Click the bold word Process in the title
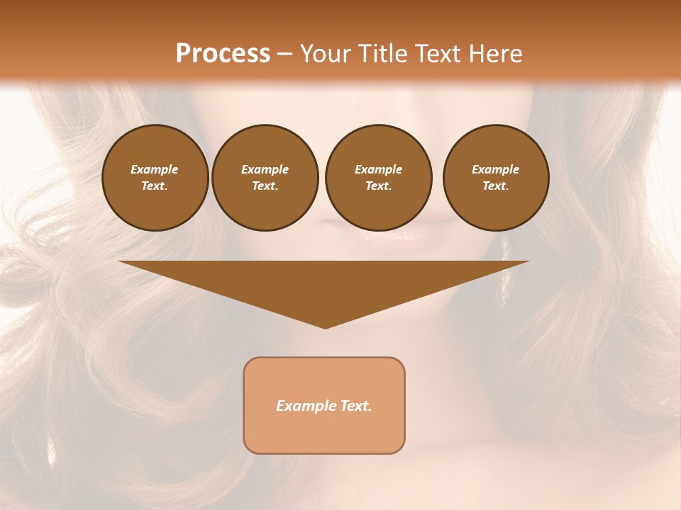pos(223,53)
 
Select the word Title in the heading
pos(384,54)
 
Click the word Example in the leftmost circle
pos(155,169)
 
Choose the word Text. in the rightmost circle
pos(496,186)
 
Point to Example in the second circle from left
pos(265,169)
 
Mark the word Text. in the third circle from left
pos(378,186)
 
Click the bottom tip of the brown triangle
pos(325,327)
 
